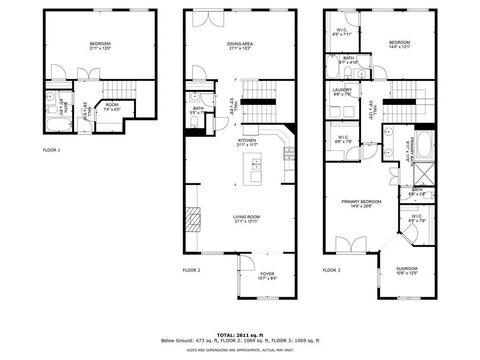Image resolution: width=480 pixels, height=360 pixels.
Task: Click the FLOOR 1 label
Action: click(x=52, y=150)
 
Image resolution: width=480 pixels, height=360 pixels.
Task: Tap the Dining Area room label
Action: click(x=241, y=44)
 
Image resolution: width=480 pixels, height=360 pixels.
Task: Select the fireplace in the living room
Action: click(x=192, y=219)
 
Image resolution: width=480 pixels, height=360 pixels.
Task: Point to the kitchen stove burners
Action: click(x=289, y=153)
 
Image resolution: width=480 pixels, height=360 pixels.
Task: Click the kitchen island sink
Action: click(x=256, y=164)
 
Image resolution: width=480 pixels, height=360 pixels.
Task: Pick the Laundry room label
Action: click(x=342, y=90)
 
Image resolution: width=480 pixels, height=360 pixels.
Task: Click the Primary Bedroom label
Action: click(x=361, y=202)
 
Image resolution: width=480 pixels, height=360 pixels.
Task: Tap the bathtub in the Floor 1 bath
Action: click(x=59, y=125)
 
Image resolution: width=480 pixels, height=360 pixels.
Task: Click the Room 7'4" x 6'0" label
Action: click(x=112, y=105)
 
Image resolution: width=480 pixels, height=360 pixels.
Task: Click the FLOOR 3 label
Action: click(x=332, y=270)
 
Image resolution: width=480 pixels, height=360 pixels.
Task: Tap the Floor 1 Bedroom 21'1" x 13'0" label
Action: click(x=100, y=46)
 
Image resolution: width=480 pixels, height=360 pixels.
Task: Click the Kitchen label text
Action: click(x=247, y=140)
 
